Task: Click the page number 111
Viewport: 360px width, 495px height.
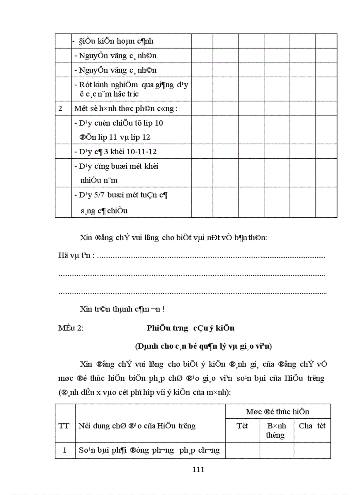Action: click(x=199, y=469)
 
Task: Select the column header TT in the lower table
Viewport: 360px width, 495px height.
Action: click(x=64, y=426)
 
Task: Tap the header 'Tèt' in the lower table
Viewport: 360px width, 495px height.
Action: click(x=243, y=426)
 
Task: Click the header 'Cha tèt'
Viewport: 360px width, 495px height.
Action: click(x=312, y=426)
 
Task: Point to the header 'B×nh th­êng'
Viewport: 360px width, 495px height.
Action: click(x=276, y=430)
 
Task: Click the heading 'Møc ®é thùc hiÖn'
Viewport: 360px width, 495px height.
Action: click(x=277, y=412)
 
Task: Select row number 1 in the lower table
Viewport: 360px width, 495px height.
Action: click(x=64, y=450)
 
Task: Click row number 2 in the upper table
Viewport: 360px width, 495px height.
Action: click(x=61, y=108)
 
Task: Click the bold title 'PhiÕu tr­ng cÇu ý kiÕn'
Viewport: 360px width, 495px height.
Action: click(x=191, y=328)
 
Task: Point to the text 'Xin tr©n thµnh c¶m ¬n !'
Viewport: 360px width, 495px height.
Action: click(x=123, y=309)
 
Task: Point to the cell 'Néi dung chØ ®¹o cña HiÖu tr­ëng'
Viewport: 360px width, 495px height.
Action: click(x=137, y=426)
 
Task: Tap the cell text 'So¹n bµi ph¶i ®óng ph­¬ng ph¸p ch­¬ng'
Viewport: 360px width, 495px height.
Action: click(x=149, y=450)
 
